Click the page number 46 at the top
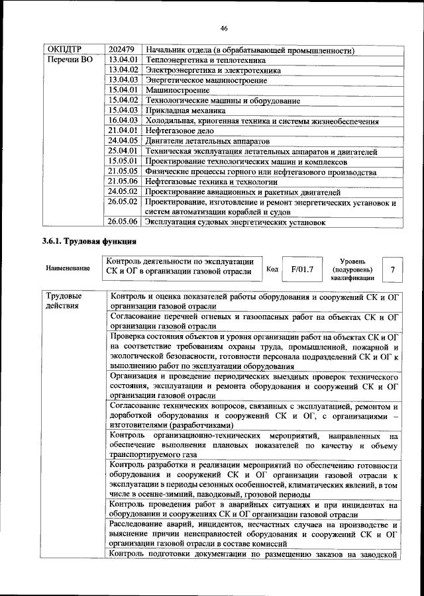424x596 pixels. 224,27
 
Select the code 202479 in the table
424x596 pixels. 122,50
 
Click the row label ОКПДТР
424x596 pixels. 64,50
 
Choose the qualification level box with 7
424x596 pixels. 393,270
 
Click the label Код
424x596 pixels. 272,270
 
